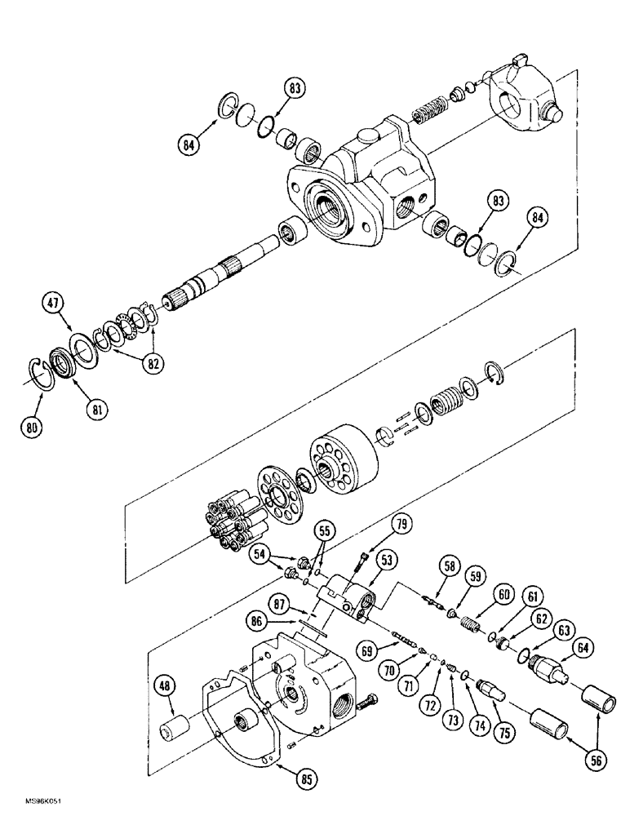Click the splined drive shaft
[224, 274]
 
